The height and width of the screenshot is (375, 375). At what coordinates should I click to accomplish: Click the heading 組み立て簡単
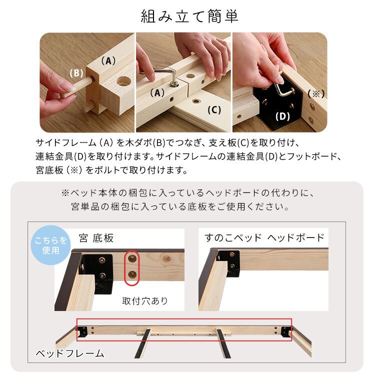[189, 16]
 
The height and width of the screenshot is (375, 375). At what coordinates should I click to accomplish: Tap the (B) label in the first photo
[76, 73]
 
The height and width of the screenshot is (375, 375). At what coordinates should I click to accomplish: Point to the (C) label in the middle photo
[213, 110]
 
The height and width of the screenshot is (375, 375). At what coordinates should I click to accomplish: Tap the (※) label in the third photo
[316, 93]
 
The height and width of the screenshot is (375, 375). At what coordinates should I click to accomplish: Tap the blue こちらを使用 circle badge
[51, 245]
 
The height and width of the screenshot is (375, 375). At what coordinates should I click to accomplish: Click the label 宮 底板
[96, 237]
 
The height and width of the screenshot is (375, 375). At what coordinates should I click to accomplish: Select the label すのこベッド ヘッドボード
[264, 237]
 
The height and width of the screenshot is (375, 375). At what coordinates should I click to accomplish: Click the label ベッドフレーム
[69, 353]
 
